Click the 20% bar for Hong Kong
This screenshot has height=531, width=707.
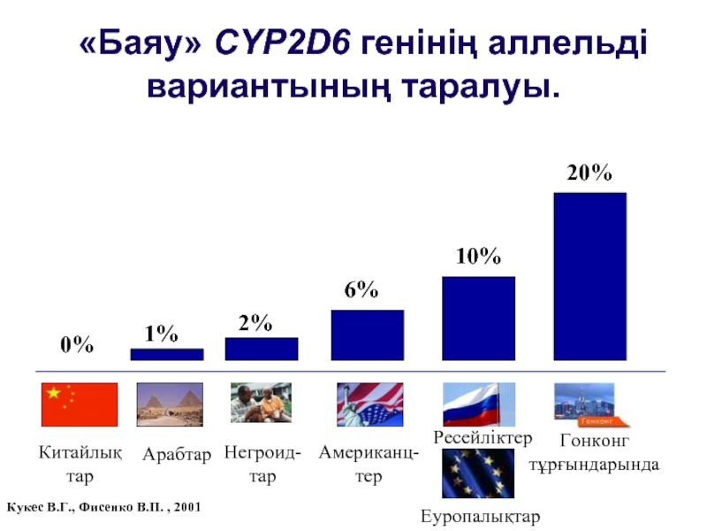coord(589,276)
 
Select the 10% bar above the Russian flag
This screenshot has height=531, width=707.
coord(478,319)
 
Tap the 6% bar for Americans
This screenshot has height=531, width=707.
coord(368,335)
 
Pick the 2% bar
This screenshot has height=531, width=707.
coord(262,349)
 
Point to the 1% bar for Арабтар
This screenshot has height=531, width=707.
coord(166,354)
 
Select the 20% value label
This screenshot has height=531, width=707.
coord(589,173)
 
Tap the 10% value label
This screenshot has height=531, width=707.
coord(478,257)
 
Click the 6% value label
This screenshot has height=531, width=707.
coord(361,290)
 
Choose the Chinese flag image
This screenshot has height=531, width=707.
coord(80,404)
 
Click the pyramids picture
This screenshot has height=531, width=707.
coord(170,404)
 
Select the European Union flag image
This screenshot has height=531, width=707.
coord(478,473)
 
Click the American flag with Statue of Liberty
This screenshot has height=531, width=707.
coord(369,404)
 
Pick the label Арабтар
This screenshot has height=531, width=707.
coord(177,456)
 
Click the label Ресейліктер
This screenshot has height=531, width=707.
coord(483,438)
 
